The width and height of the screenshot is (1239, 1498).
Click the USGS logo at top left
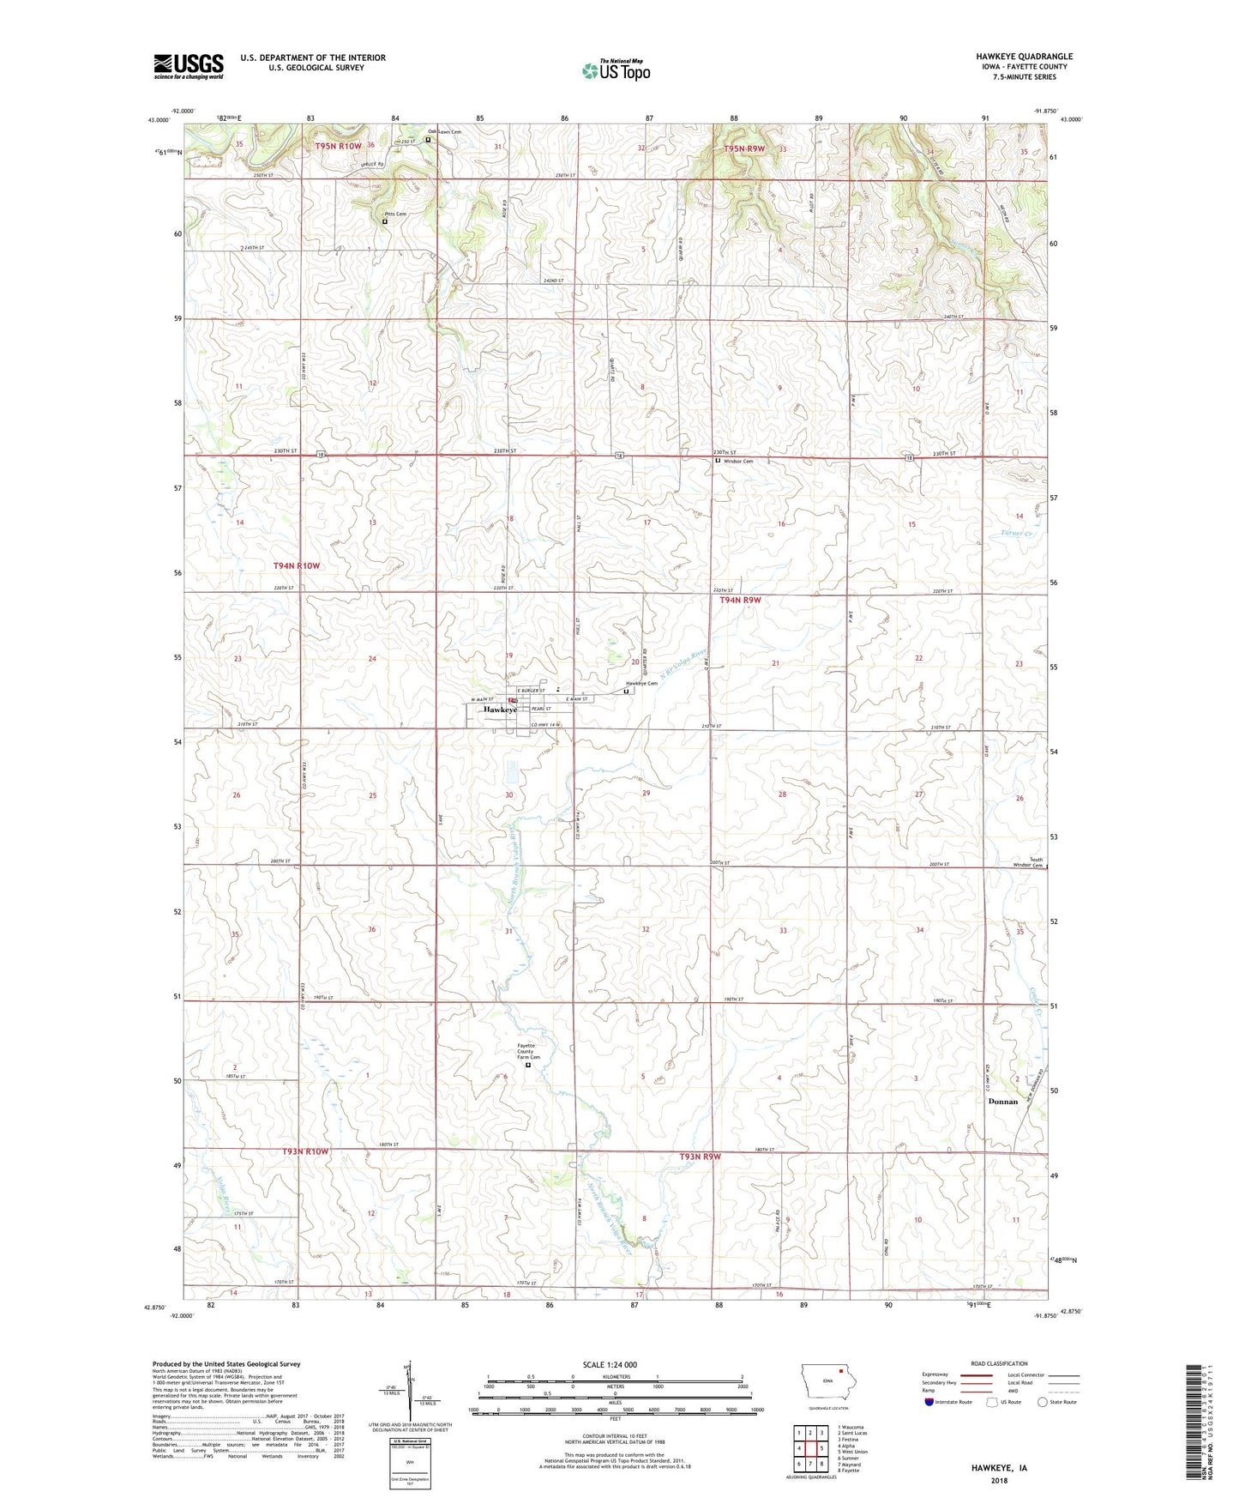click(x=189, y=65)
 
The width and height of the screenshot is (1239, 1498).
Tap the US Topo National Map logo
click(x=616, y=69)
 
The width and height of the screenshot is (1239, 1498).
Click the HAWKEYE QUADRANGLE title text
click(x=1024, y=57)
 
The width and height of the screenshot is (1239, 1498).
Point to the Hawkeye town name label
click(x=500, y=710)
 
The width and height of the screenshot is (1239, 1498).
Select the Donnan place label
click(x=1002, y=1102)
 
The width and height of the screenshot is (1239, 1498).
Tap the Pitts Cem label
click(x=395, y=214)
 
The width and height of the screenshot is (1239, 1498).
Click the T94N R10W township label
click(x=296, y=565)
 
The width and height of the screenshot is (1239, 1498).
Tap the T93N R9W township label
click(x=700, y=1157)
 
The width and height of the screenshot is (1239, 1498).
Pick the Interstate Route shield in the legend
click(x=929, y=1402)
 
